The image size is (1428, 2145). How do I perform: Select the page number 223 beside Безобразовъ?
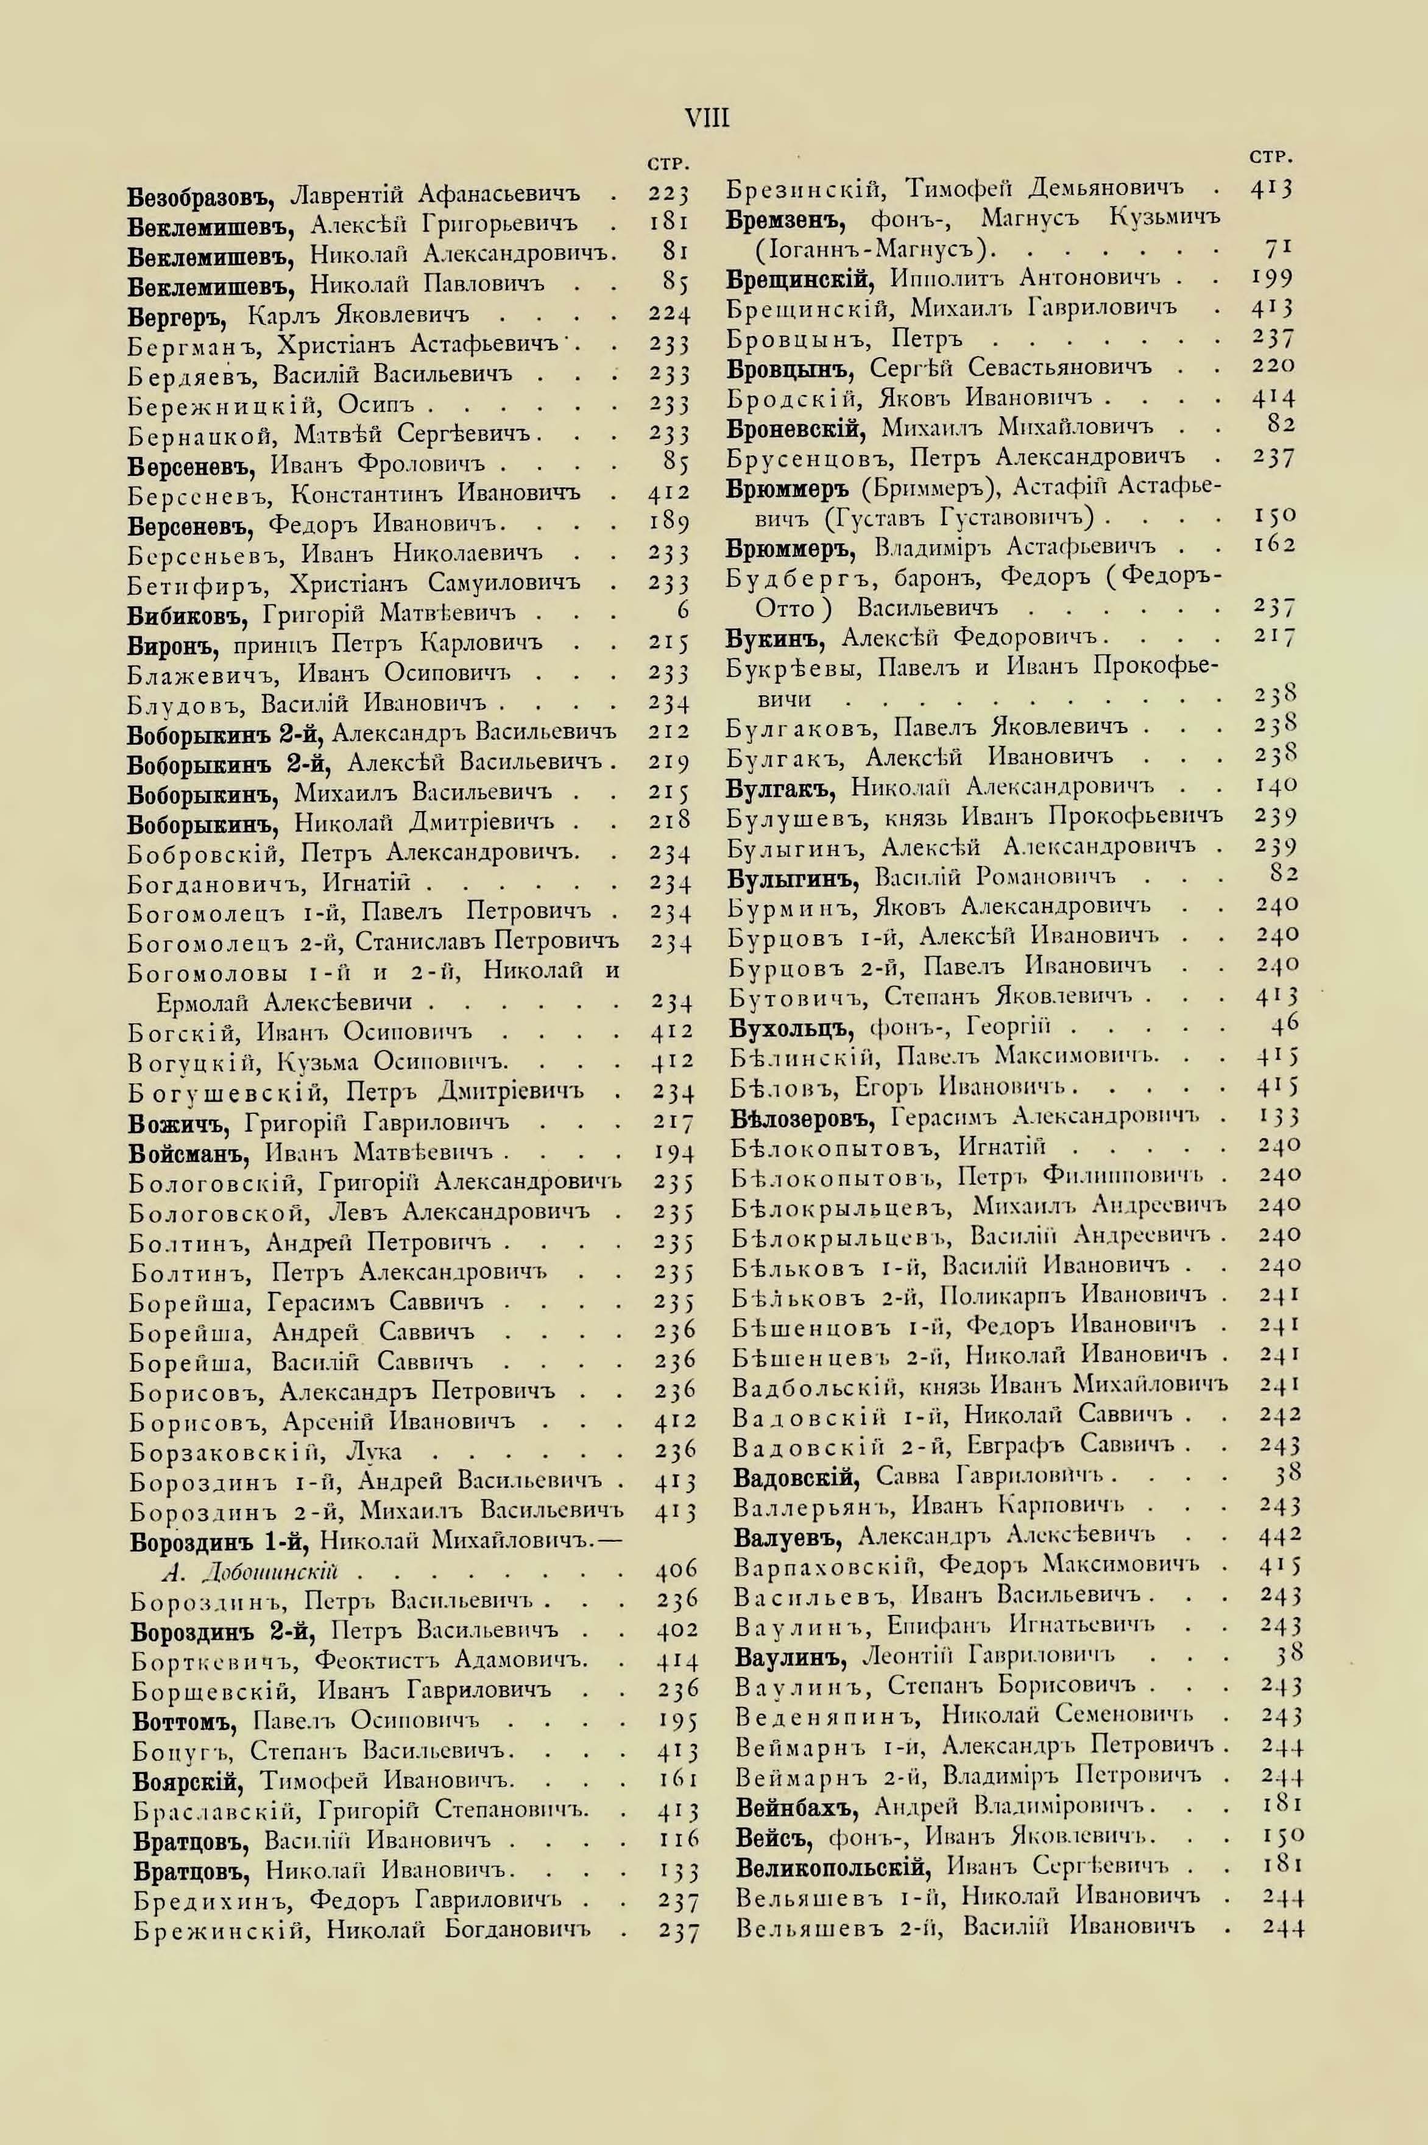tap(672, 193)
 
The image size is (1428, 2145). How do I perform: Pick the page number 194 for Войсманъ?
tap(674, 1153)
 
